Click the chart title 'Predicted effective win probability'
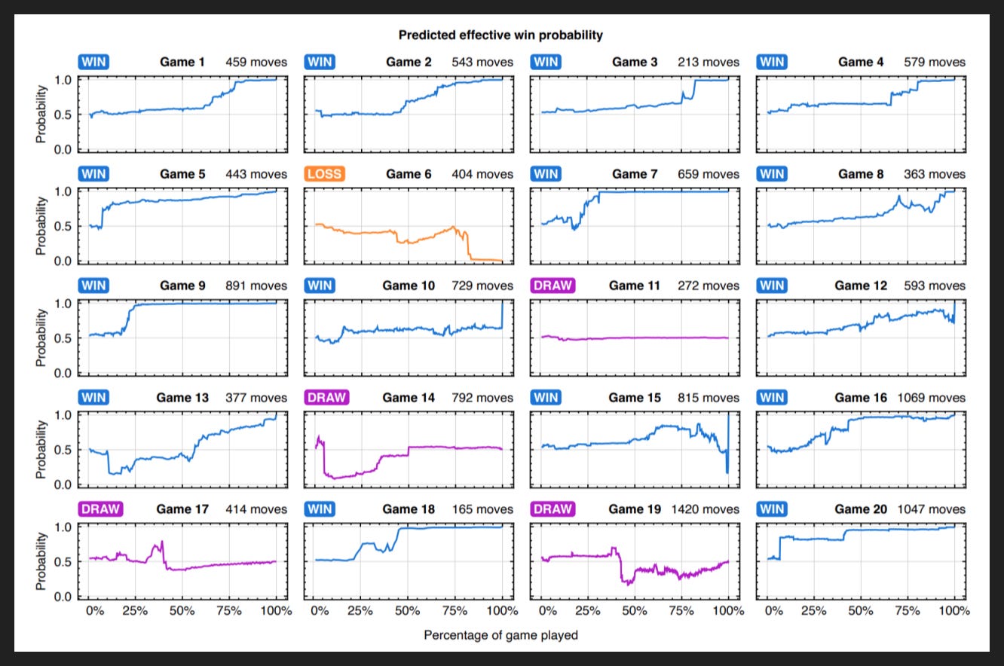(500, 35)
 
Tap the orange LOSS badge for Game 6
(325, 174)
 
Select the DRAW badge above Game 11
(553, 286)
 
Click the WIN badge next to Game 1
(93, 62)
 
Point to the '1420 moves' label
(705, 509)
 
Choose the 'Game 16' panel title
(861, 398)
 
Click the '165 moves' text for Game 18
(482, 509)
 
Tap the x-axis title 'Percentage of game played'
(500, 635)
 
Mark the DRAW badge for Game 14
(326, 397)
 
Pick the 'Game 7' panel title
(635, 174)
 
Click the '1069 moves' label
(931, 398)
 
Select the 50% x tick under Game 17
(182, 611)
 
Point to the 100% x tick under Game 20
(954, 611)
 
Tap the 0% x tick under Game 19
(548, 611)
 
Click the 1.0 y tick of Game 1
(63, 80)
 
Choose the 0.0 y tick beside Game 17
(63, 597)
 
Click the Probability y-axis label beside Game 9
(41, 338)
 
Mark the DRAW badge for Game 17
(100, 509)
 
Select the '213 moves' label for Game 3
(709, 63)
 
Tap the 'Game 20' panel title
(861, 509)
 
